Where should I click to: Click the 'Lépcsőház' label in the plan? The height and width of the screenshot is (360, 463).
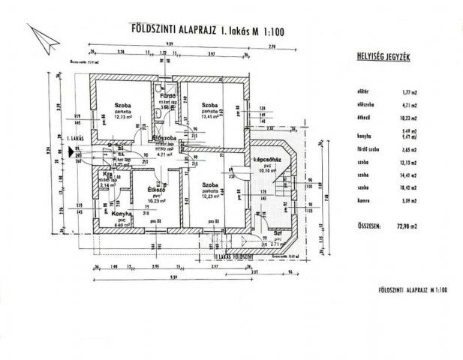267,160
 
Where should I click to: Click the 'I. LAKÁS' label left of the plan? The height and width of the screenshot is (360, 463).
74,139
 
